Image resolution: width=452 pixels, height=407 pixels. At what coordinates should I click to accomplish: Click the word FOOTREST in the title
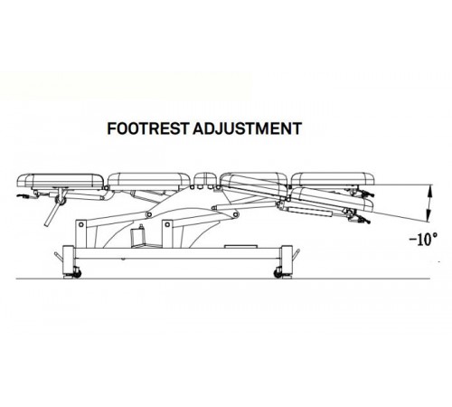148,128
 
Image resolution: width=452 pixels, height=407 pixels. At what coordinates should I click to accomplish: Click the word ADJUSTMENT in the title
247,128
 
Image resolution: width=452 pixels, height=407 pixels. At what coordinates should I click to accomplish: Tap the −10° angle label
423,240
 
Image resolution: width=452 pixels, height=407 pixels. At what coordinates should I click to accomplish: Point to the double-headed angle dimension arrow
430,203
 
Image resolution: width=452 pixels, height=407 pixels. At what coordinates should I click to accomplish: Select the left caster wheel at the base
77,273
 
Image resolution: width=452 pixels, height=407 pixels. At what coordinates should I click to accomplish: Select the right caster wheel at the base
278,273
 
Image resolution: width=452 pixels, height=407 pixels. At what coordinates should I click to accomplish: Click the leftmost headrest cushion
61,181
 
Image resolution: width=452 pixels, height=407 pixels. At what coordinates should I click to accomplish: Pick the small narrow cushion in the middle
205,179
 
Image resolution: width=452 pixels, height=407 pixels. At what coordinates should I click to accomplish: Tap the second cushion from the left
149,181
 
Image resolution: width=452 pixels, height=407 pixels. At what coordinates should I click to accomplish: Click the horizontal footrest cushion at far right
333,179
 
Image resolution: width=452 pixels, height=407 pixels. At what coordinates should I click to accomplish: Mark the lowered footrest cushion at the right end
332,198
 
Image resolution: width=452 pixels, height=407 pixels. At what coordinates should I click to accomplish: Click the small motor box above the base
137,236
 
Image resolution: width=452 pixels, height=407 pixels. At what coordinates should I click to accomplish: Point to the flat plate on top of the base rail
240,246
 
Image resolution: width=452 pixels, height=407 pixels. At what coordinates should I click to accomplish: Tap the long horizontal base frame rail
178,253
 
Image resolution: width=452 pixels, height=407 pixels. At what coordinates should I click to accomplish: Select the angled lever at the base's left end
59,256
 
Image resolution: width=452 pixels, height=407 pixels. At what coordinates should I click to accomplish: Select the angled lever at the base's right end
297,254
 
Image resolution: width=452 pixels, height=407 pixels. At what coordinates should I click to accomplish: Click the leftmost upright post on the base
81,234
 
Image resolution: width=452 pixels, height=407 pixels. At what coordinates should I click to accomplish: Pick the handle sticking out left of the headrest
24,196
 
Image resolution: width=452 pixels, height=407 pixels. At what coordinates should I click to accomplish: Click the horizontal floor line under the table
223,279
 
